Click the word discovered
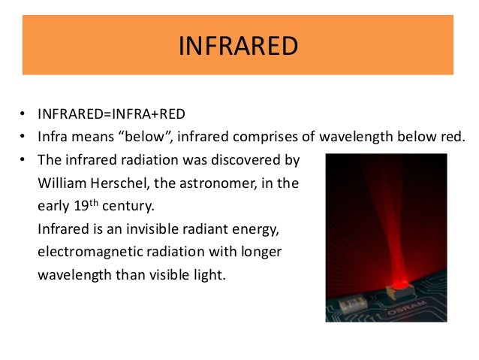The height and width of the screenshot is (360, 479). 243,160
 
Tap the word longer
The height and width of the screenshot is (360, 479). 259,252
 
